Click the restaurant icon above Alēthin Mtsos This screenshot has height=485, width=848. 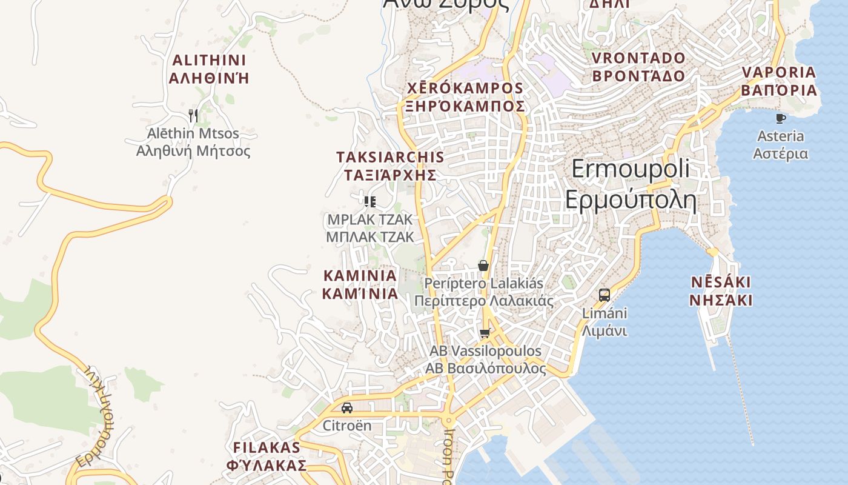pos(193,115)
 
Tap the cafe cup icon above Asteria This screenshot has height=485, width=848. pos(780,118)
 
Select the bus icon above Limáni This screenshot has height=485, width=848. pos(604,295)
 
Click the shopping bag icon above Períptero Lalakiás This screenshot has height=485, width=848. pos(483,266)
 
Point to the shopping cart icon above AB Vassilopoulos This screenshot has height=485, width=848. pos(485,333)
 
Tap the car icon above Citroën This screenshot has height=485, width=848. pos(346,408)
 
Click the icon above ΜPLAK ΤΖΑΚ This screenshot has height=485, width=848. pos(369,201)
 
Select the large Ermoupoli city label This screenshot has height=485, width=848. pos(630,169)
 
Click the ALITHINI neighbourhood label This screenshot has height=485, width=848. pos(210,61)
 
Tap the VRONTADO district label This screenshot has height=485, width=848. pos(638,58)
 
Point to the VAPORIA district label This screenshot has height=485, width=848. pos(779,72)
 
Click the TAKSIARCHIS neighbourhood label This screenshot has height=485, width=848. pos(390,157)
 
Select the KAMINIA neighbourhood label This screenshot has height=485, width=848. pos(360,276)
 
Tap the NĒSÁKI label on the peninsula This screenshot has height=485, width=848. pos(721,283)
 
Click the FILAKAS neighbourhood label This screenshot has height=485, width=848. pos(267,448)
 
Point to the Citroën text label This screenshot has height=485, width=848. pos(346,426)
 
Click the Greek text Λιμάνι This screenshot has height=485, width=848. pos(604,331)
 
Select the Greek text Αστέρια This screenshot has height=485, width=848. pos(780,153)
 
